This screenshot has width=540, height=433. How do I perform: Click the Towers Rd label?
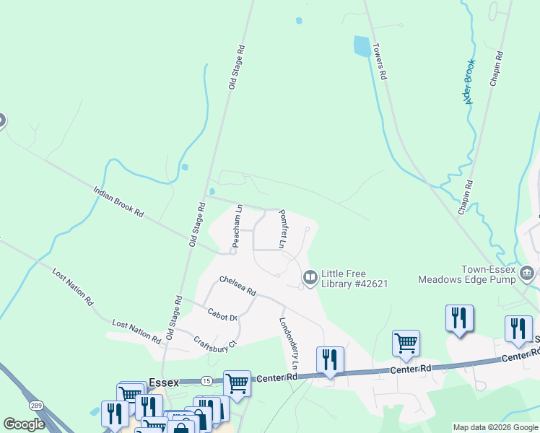pyautogui.click(x=380, y=61)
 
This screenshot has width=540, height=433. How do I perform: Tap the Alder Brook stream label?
pyautogui.click(x=469, y=81)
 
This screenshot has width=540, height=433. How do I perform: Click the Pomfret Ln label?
pyautogui.click(x=283, y=229)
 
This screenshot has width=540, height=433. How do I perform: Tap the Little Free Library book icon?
pyautogui.click(x=310, y=277)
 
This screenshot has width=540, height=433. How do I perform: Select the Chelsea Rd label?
pyautogui.click(x=238, y=286)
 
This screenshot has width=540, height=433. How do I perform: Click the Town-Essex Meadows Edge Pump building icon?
pyautogui.click(x=527, y=273)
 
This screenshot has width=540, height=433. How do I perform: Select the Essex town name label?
pyautogui.click(x=162, y=383)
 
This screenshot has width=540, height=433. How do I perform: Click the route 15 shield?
pyautogui.click(x=206, y=380)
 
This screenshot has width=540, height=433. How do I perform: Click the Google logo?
pyautogui.click(x=24, y=424)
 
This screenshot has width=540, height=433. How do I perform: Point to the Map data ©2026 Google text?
pyautogui.click(x=495, y=427)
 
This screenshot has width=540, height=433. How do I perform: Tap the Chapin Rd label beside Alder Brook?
pyautogui.click(x=465, y=197)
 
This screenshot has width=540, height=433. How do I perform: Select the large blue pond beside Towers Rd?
pyautogui.click(x=361, y=47)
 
